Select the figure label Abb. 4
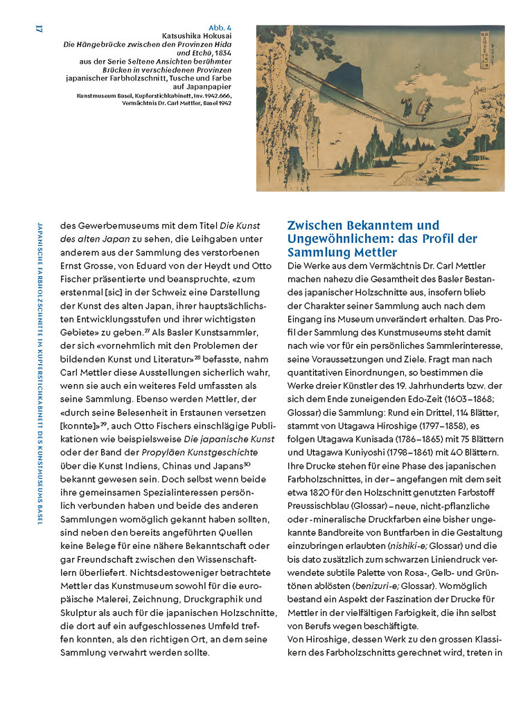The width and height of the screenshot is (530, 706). pos(220,27)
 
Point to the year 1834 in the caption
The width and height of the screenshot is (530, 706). pos(222,53)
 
